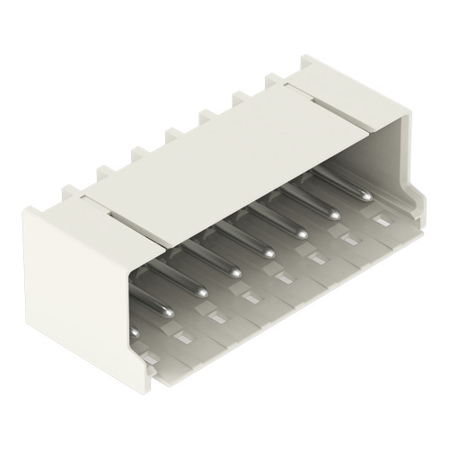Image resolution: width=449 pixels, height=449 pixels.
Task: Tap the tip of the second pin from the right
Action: pyautogui.click(x=334, y=238)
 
